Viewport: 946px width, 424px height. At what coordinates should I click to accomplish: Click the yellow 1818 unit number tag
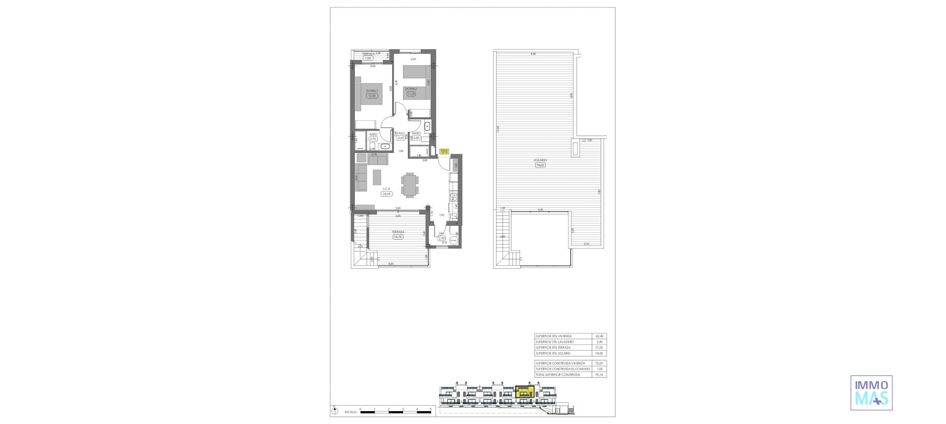coord(443,152)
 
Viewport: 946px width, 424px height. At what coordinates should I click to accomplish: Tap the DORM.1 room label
coord(372,91)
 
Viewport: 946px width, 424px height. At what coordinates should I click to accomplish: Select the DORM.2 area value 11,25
coord(411,93)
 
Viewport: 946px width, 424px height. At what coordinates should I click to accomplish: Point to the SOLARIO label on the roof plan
coord(540,160)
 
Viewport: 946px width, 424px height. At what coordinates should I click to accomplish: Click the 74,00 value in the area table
coord(599,353)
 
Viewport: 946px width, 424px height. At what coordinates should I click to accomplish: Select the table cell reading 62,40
coord(599,336)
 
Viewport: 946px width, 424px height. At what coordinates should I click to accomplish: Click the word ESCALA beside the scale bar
coord(351,411)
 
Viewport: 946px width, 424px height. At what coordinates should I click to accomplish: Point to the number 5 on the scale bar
coord(430,409)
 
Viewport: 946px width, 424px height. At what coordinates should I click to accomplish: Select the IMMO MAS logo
coord(871,392)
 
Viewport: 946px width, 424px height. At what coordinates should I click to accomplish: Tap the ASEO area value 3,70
coord(372,139)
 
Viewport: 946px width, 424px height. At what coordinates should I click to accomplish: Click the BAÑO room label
coord(416,134)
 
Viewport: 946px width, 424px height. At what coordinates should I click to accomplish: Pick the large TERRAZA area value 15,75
coord(398,237)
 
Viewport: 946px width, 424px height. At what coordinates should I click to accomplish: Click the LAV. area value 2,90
coord(441,238)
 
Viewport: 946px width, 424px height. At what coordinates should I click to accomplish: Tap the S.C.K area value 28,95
coord(386,194)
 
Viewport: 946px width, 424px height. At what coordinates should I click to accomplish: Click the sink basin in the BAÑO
coord(427,127)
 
